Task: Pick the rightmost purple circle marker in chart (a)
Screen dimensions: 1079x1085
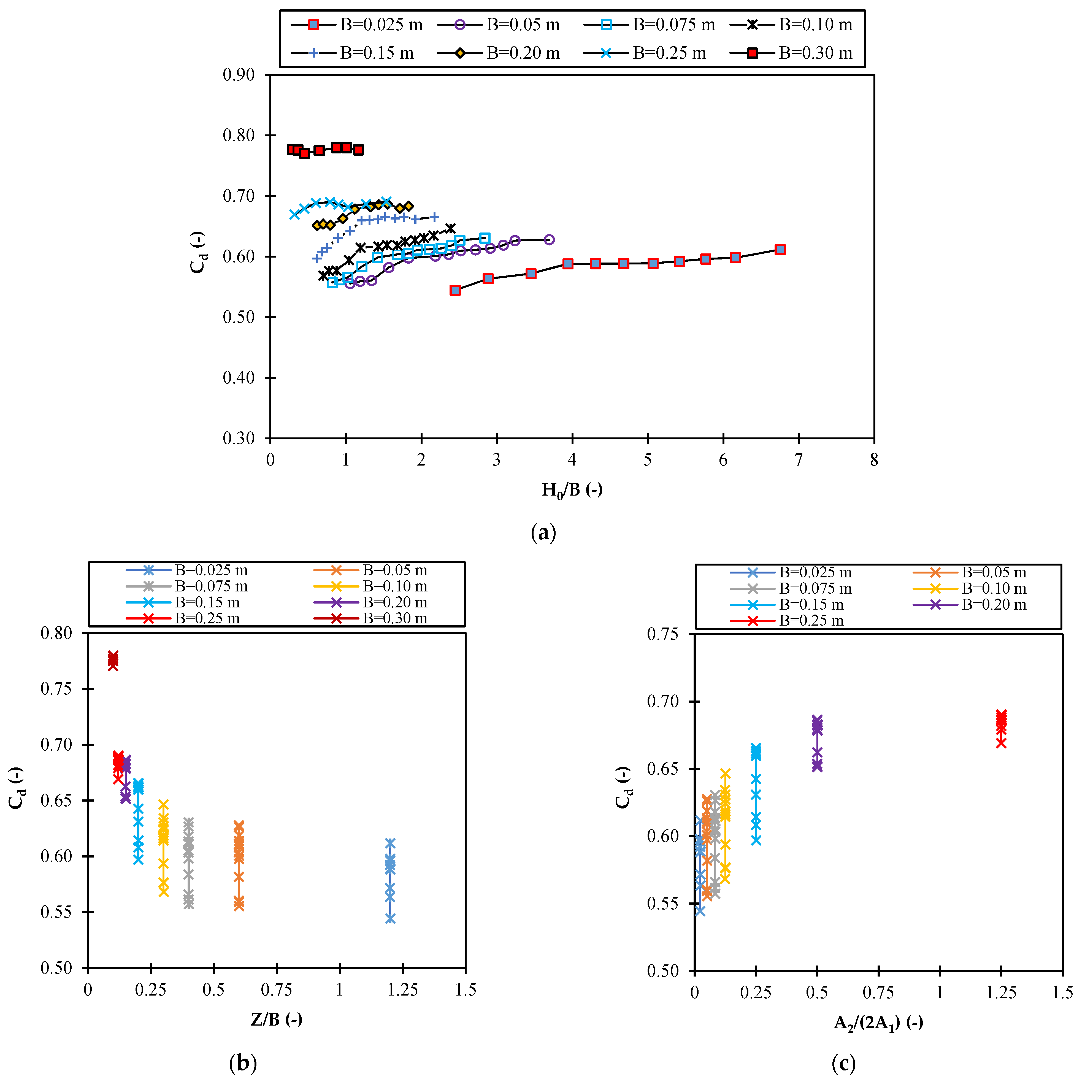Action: point(549,240)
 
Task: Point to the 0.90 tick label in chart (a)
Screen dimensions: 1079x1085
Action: point(239,75)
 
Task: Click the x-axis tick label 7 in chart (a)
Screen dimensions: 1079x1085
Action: point(799,461)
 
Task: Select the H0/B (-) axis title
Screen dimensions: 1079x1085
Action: point(572,490)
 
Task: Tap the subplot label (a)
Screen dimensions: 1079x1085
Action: point(543,532)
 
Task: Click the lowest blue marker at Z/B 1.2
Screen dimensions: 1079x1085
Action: point(390,918)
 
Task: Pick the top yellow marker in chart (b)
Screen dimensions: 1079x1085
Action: point(163,804)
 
